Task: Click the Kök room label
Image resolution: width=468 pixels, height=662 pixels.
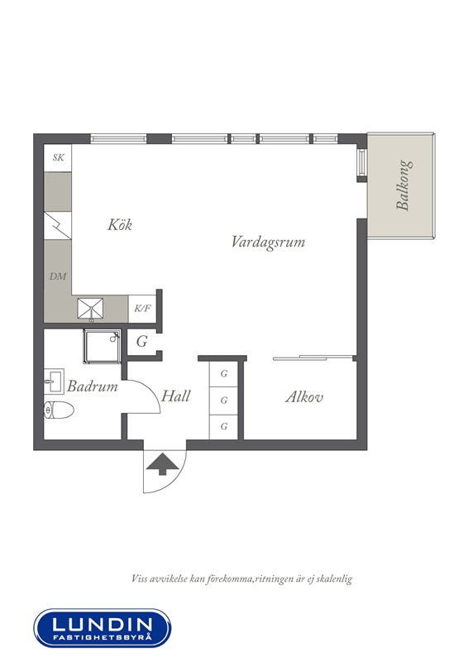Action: click(120, 224)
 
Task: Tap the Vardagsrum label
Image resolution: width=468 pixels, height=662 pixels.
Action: click(268, 242)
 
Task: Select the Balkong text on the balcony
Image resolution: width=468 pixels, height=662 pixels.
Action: click(402, 185)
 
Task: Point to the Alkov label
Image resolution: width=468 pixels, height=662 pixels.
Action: click(303, 397)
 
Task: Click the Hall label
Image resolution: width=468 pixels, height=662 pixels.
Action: click(175, 396)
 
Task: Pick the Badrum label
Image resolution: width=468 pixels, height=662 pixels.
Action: click(93, 386)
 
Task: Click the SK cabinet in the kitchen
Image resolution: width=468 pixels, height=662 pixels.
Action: click(58, 158)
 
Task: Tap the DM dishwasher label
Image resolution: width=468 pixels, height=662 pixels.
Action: click(58, 276)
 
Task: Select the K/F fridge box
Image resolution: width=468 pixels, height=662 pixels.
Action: click(142, 309)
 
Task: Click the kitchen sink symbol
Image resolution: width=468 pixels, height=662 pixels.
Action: click(90, 309)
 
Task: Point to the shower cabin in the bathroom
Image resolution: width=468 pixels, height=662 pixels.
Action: click(103, 346)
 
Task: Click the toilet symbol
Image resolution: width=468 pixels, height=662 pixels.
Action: click(59, 410)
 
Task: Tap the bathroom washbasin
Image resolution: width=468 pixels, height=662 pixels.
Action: click(54, 381)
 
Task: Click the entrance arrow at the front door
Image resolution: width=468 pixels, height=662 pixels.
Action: click(163, 464)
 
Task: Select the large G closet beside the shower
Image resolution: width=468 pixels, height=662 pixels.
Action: click(142, 341)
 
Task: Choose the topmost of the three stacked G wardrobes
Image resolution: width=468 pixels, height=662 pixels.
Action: click(224, 374)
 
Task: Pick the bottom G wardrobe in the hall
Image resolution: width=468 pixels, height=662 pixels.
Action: click(224, 427)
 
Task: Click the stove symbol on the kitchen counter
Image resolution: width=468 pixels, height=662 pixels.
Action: click(58, 226)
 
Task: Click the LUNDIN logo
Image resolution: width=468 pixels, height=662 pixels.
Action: click(103, 628)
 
